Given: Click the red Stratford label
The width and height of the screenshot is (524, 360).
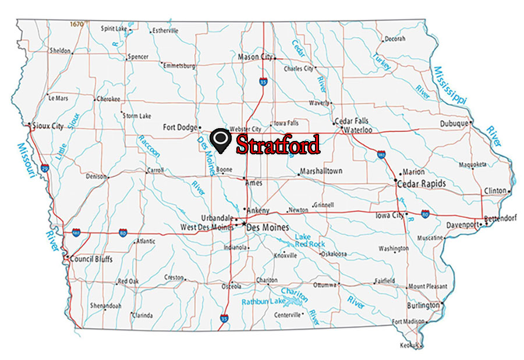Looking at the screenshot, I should click(278, 144).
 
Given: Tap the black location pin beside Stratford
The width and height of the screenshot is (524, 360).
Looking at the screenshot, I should click(222, 140).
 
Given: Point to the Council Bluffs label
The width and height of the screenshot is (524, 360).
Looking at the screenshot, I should click(91, 259).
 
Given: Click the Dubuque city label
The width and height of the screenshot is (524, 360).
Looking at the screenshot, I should click(454, 123).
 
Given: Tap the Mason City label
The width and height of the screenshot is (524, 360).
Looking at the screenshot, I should click(255, 57).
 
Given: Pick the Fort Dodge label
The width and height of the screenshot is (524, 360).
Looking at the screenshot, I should click(180, 127).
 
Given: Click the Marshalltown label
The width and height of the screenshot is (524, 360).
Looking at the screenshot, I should click(321, 171).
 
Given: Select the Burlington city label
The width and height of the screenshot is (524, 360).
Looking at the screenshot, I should click(423, 305).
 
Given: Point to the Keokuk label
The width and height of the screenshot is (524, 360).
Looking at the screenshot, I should click(409, 345).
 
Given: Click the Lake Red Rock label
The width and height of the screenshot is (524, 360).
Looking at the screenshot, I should click(309, 241).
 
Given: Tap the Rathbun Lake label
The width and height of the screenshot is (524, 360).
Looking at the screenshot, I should click(264, 301).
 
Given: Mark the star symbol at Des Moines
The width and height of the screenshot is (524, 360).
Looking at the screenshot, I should click(243, 223).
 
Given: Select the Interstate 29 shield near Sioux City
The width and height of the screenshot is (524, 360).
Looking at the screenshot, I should click(45, 167).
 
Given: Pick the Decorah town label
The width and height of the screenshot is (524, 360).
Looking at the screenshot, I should click(394, 39).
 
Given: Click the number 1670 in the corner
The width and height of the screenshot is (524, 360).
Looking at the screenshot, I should click(76, 24).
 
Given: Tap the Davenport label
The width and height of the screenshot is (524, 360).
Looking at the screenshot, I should click(463, 224).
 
